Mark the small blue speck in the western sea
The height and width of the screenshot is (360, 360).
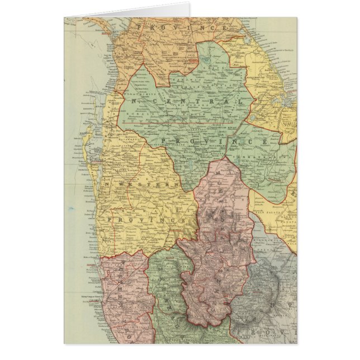click(71, 209)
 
